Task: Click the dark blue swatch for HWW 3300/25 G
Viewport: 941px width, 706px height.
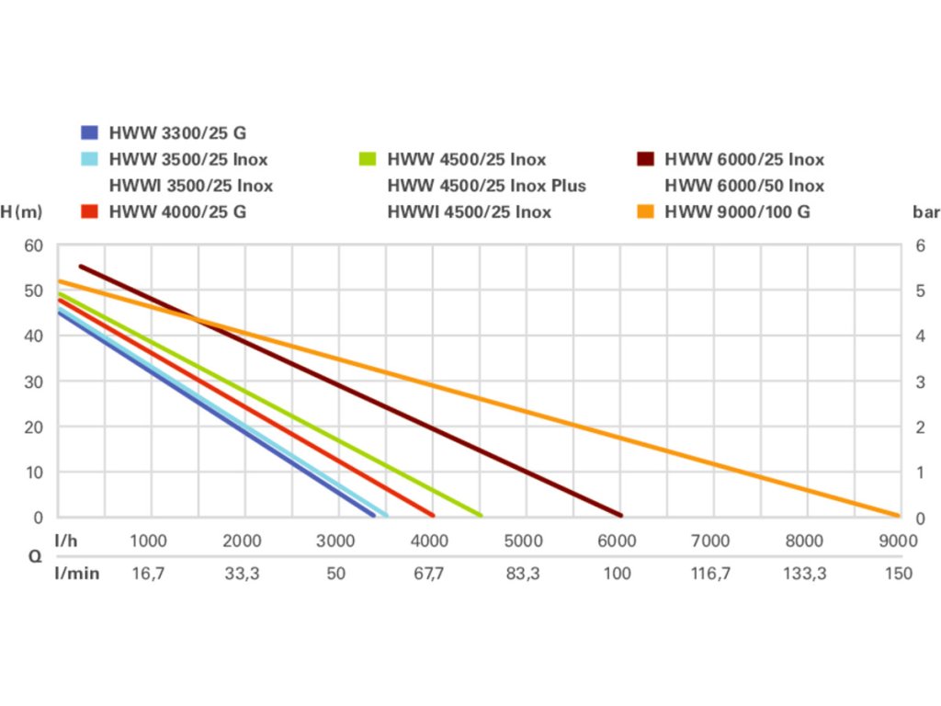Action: [89, 132]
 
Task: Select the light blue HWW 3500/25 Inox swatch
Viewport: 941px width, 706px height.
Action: [89, 159]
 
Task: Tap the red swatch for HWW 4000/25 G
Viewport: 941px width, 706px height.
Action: [89, 211]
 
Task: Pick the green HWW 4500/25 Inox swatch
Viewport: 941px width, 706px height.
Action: [368, 159]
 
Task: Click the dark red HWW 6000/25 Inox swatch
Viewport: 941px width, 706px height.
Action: [645, 159]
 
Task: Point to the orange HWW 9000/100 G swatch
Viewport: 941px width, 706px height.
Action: [645, 211]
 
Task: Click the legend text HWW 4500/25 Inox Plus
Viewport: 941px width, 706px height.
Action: [486, 186]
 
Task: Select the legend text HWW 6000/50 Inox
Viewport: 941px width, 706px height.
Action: [744, 186]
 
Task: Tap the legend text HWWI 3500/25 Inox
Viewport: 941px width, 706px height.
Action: [191, 186]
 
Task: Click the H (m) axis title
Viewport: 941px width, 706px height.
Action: [21, 212]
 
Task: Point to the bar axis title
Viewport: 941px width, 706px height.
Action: [925, 212]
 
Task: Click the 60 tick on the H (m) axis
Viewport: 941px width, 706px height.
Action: [34, 245]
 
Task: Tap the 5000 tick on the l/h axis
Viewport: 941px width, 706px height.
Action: [523, 541]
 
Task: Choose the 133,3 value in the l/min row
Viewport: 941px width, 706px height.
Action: [804, 574]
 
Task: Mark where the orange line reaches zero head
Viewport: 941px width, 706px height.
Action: [897, 516]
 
